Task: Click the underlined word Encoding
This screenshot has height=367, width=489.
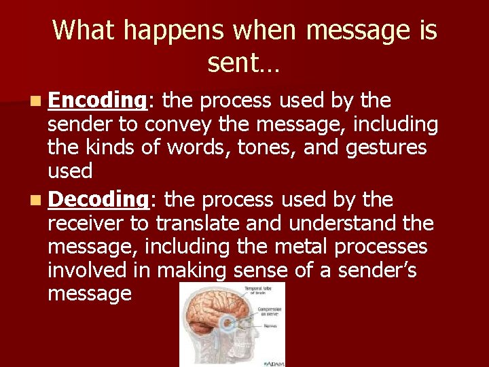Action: (98, 101)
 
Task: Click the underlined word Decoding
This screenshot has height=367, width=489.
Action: (98, 200)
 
